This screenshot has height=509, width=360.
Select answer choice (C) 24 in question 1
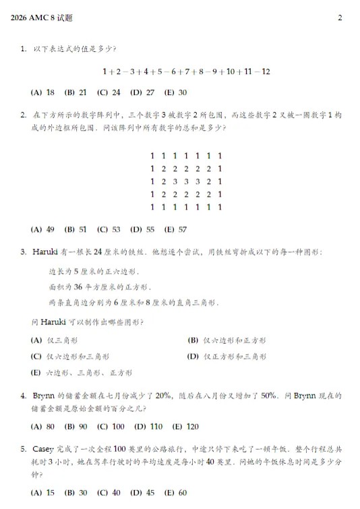[x=109, y=92]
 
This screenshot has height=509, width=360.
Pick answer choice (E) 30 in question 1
[x=175, y=92]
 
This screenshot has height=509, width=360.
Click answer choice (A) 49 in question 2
[x=43, y=229]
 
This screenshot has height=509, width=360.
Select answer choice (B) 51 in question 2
[x=76, y=229]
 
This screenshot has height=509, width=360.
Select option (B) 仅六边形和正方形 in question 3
[x=227, y=340]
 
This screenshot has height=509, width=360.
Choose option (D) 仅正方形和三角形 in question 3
[x=227, y=356]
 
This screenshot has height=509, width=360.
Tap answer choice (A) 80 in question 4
[x=43, y=427]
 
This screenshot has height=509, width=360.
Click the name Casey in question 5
[x=44, y=450]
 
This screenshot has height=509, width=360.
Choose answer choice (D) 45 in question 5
[x=142, y=493]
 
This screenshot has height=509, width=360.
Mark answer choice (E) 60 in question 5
[x=175, y=493]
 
